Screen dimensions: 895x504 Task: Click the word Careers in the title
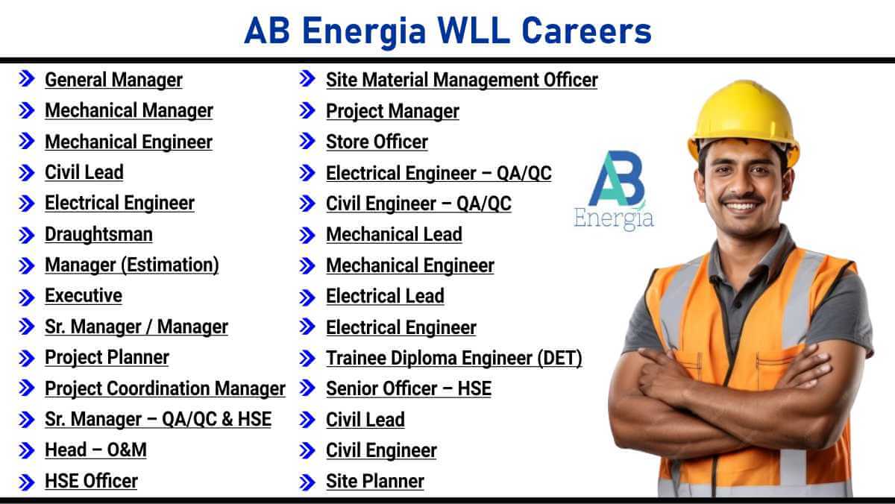click(586, 31)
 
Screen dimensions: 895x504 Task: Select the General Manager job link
click(113, 80)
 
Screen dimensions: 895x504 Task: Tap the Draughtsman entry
click(98, 234)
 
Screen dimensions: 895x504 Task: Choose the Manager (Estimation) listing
click(132, 265)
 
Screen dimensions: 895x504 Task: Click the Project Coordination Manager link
click(165, 388)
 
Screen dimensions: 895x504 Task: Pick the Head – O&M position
click(95, 450)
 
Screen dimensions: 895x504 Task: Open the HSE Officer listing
click(91, 481)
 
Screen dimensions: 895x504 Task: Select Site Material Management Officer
click(462, 80)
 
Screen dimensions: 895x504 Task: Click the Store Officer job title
click(377, 142)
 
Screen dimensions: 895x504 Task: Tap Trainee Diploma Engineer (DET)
click(454, 358)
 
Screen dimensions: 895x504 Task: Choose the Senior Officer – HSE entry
click(409, 388)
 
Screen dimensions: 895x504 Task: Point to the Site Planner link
click(374, 481)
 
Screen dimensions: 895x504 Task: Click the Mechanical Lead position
click(394, 234)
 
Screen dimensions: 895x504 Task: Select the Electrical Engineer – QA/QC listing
click(439, 173)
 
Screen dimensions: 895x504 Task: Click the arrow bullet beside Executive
click(27, 297)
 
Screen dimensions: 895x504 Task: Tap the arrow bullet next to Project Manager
click(307, 110)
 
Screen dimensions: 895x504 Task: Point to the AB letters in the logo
click(617, 178)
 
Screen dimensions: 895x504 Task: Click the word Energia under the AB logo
click(614, 218)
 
